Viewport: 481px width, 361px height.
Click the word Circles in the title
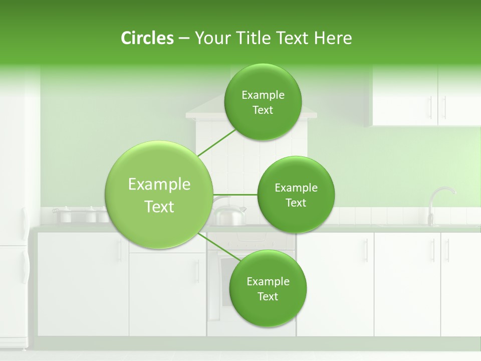click(147, 38)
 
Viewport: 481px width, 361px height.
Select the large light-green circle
click(159, 195)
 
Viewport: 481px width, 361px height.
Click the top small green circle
click(263, 102)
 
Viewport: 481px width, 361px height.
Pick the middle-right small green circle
click(296, 195)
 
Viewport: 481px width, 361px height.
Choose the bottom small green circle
click(268, 288)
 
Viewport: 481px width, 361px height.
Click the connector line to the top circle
click(216, 142)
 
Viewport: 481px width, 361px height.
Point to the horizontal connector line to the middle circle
click(235, 195)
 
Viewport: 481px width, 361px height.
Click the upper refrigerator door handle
click(24, 223)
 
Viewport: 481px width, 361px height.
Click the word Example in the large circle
click(159, 185)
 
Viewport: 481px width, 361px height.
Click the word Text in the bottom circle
click(268, 296)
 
